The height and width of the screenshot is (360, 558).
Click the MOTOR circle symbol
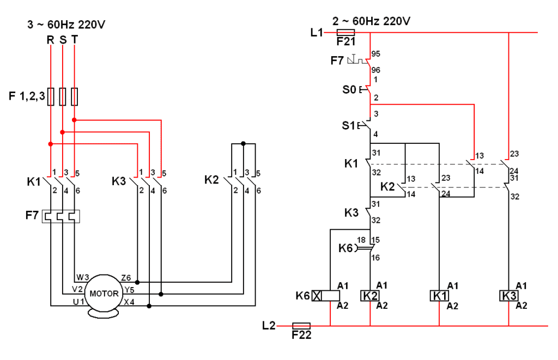coord(104,293)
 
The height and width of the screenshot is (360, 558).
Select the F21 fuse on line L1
coord(345,32)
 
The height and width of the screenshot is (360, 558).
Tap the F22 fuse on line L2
coord(301,326)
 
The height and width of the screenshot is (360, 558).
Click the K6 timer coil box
coord(326,296)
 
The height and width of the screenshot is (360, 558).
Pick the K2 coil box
coord(370,296)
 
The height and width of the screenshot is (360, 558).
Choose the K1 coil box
coord(439,296)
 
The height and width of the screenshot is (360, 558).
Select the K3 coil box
coord(508,296)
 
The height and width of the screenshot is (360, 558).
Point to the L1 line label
coord(317,33)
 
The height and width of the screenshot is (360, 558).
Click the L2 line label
coord(269,326)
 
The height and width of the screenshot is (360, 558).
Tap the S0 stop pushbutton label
coord(349,90)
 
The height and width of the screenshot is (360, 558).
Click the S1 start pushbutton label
coord(348,126)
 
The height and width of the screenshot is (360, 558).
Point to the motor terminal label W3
coord(83,277)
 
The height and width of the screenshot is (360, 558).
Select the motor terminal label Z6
coord(126,277)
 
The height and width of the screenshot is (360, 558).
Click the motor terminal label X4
coord(129,302)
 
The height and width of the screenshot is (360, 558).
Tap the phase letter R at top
coord(51,40)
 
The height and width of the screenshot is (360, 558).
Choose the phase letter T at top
coord(74,40)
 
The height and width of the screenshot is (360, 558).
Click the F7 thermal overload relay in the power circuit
coord(61,216)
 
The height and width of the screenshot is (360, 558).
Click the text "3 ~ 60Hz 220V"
coord(66,25)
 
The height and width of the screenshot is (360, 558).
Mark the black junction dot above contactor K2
coord(244,144)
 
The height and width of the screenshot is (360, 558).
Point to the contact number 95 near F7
coord(376,54)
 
